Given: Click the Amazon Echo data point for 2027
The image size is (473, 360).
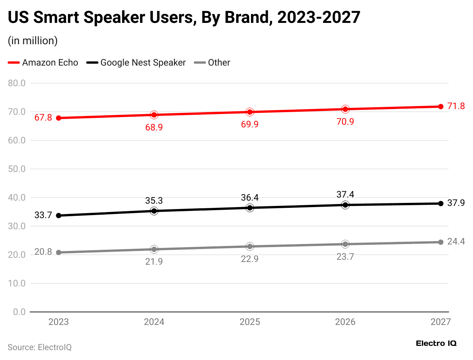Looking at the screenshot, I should tap(441, 106).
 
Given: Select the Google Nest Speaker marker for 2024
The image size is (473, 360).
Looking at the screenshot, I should tap(154, 211).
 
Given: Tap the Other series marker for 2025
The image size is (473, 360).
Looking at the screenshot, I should tap(250, 246).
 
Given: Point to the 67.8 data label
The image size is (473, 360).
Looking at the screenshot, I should tap(43, 118).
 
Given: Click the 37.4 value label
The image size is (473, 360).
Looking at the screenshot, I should tap(345, 194).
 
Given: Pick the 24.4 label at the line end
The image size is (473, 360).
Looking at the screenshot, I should tap(456, 241).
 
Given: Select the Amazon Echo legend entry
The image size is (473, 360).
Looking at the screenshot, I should tap(43, 63).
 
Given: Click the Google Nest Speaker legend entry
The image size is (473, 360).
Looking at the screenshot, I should tap(136, 63).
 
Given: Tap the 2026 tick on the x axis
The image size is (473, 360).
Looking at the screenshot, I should tap(345, 322).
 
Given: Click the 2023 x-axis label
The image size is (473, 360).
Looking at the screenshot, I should tap(59, 322).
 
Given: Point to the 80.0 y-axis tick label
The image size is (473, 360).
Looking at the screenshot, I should tap(16, 83).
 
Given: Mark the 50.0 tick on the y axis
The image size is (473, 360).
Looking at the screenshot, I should tap(16, 169).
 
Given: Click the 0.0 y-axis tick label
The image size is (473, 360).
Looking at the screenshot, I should tap(18, 312).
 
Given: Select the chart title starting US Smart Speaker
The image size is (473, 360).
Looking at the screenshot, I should tap(184, 18).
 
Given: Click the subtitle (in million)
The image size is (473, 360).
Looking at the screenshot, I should tap(33, 41).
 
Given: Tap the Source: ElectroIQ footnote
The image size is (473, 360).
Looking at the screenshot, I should tap(40, 347).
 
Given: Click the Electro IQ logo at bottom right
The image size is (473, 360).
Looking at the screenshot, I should tap(436, 343).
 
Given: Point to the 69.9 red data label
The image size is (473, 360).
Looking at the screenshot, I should tap(250, 124).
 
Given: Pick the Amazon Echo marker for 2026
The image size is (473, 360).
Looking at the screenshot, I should tap(345, 109).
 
